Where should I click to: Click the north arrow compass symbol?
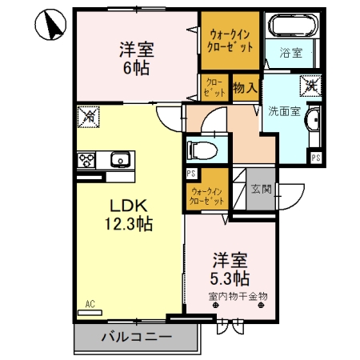[50, 25]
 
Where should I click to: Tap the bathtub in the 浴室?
[293, 25]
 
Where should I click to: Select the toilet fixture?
[202, 150]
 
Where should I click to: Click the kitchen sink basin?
[120, 159]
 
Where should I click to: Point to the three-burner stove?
[86, 160]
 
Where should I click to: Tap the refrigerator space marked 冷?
[88, 117]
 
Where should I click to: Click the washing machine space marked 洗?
[310, 86]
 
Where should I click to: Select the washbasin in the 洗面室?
[313, 121]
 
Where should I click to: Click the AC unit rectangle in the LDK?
[90, 313]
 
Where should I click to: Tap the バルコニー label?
[136, 337]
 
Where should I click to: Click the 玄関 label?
[261, 189]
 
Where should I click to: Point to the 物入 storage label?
[246, 87]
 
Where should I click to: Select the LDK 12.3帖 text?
[129, 214]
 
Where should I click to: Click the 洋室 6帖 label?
[137, 58]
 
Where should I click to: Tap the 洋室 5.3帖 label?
[230, 269]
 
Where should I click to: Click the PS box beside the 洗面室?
[316, 158]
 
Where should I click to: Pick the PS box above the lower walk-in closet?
[191, 174]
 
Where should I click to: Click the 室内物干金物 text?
[238, 296]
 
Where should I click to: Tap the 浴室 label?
[290, 53]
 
